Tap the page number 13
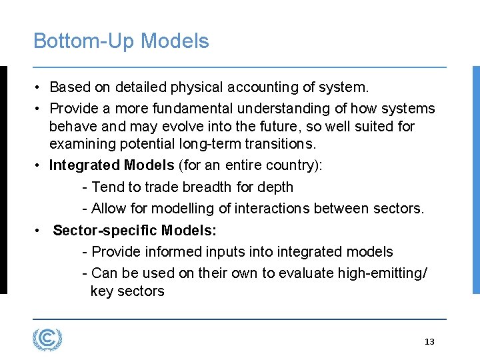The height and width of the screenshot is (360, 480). click(429, 342)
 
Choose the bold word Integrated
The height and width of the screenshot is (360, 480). click(85, 165)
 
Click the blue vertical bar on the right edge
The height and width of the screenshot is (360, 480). click(476, 179)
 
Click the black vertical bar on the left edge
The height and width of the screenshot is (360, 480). click(3, 179)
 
